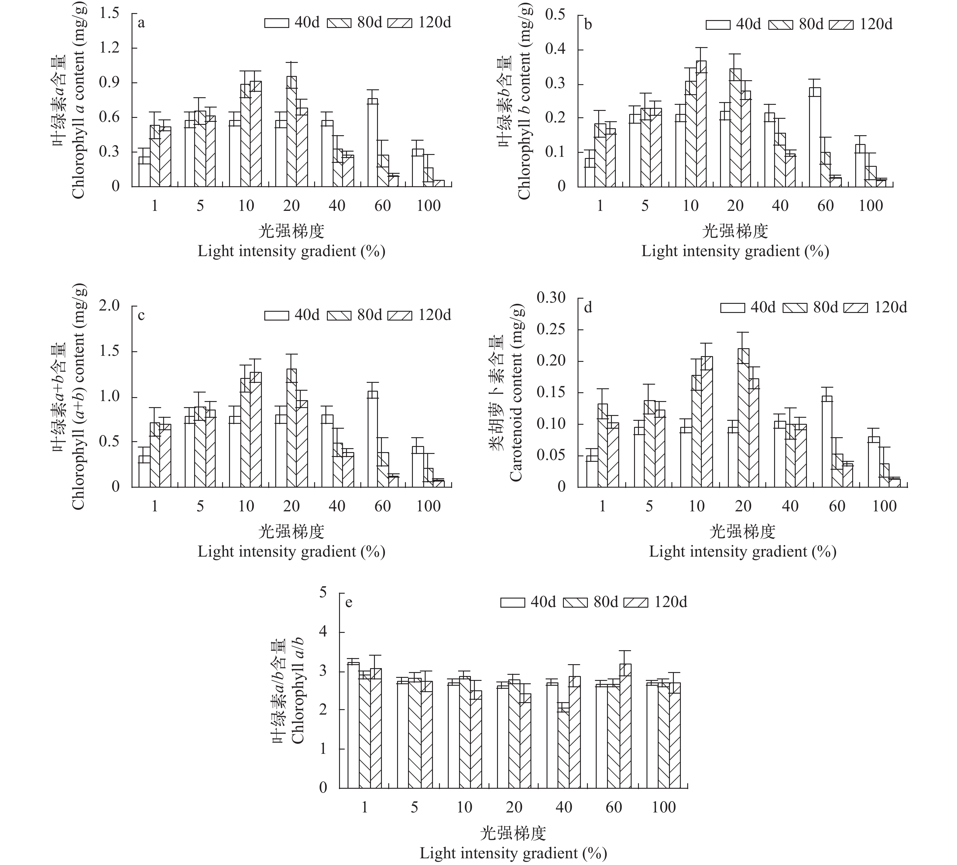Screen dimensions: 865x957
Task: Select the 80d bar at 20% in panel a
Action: [x=291, y=132]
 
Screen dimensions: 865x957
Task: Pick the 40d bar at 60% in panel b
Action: [x=815, y=137]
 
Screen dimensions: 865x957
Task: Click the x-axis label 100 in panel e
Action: [x=663, y=807]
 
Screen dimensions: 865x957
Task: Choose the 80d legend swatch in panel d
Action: [x=794, y=308]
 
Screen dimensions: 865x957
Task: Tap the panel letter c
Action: [x=141, y=315]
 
